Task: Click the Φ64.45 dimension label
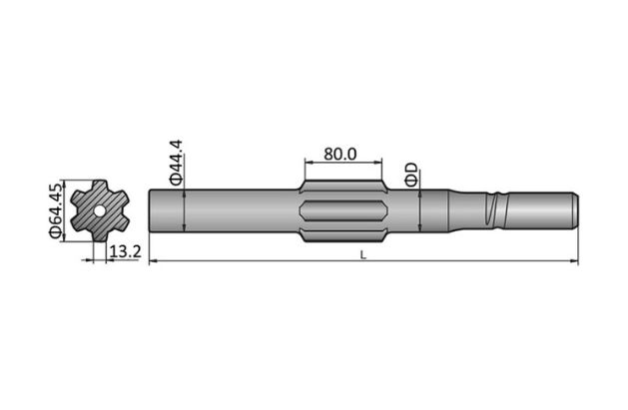(x=56, y=209)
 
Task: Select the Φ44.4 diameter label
(x=175, y=163)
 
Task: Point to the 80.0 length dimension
(x=340, y=154)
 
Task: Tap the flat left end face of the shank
(x=151, y=211)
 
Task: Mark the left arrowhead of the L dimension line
(x=153, y=262)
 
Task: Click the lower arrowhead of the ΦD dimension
(x=420, y=228)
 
